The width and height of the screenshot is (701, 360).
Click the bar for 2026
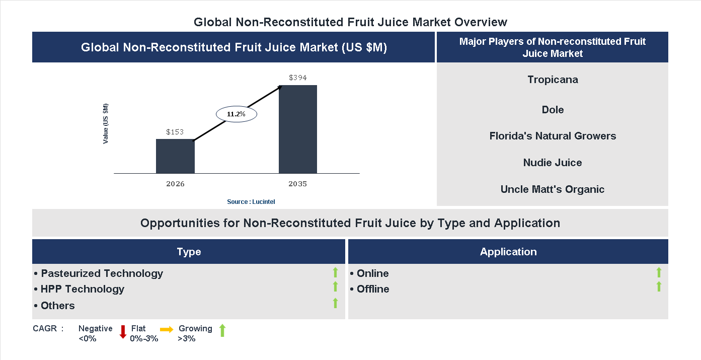point(175,156)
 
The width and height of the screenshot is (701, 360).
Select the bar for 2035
point(298,129)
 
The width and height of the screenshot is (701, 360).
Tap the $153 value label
point(175,132)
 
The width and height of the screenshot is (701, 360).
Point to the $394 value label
point(298,78)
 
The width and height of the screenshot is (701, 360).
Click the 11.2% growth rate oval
point(237,114)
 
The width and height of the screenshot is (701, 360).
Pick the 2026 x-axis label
point(175,184)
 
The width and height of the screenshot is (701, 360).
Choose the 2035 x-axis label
point(298,184)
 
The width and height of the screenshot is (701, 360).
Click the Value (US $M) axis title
point(106,123)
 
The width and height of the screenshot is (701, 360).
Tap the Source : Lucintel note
point(251,201)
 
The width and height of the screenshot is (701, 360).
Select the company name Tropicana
point(553,80)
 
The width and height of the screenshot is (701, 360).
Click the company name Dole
point(553,110)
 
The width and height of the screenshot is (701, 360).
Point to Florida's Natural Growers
point(553,136)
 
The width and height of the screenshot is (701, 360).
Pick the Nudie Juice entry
point(553,163)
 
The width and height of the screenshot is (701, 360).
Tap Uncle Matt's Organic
point(553,189)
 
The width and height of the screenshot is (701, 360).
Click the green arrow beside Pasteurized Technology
point(335,273)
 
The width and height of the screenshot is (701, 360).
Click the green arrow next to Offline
point(659,287)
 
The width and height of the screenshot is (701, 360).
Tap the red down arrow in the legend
point(122,332)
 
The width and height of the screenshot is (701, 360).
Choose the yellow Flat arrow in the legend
point(167,330)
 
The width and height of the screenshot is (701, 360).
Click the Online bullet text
point(372,273)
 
